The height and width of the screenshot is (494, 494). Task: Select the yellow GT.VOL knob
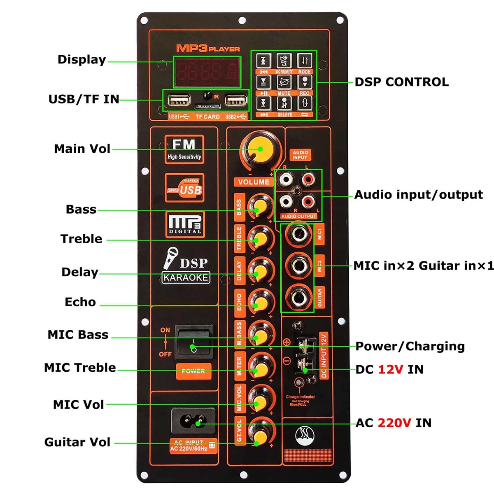point(260,435)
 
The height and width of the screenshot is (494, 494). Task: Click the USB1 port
point(179,100)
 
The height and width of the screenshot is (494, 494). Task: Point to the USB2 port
point(236,100)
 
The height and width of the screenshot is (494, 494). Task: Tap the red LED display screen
point(207,72)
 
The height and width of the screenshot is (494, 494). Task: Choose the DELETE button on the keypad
point(284,103)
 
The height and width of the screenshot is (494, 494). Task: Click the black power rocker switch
point(194,341)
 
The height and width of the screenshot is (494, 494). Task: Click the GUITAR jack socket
point(298,297)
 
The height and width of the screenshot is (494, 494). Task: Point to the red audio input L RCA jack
point(308,179)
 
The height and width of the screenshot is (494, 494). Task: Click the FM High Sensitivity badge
point(184,149)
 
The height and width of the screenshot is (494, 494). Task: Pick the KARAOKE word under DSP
point(186,278)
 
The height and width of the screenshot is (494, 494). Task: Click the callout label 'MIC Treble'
point(80,368)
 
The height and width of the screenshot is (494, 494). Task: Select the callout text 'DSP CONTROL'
point(401,82)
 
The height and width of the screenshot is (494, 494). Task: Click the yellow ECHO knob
point(260,305)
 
